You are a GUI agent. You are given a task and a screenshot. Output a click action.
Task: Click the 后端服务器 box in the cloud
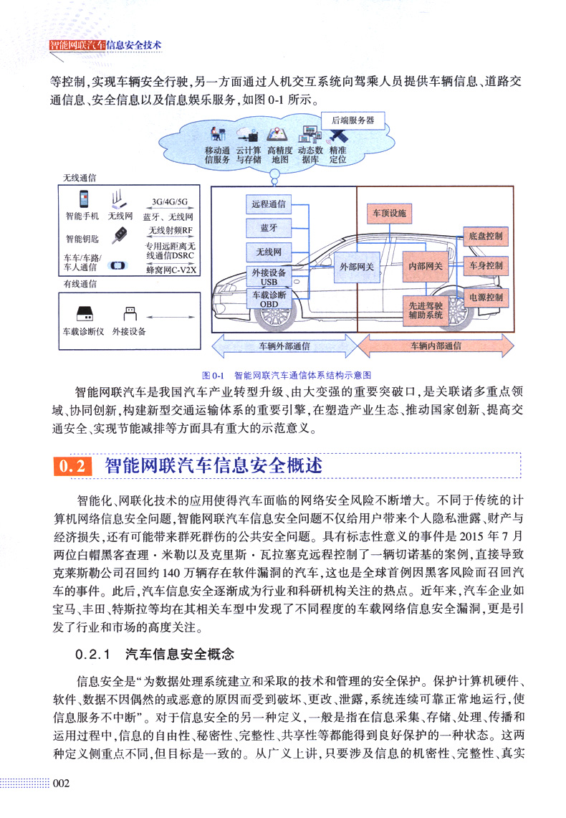click(352, 120)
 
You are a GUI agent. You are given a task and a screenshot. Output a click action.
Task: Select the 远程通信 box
click(268, 204)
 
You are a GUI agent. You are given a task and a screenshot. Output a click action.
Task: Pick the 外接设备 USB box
click(268, 276)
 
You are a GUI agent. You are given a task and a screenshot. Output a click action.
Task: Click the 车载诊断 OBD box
click(268, 299)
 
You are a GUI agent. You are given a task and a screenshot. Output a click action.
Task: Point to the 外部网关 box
click(357, 266)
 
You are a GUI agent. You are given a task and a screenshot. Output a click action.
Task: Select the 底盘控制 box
click(486, 235)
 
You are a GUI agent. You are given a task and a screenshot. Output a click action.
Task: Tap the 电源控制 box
click(486, 297)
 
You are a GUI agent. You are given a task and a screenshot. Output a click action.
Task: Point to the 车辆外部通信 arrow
click(284, 346)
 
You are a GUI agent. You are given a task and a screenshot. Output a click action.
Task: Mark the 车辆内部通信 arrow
click(436, 346)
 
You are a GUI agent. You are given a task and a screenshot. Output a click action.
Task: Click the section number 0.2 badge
click(73, 467)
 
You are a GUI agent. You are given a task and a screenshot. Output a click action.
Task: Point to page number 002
click(60, 784)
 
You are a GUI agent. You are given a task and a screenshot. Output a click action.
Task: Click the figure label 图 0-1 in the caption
click(214, 375)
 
